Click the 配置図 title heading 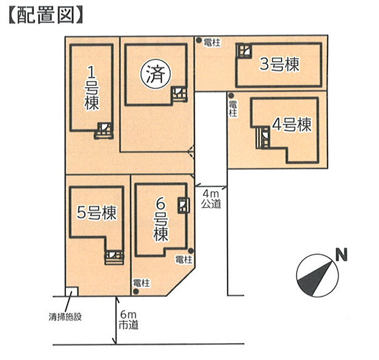click(46, 15)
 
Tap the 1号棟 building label click(91, 89)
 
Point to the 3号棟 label click(280, 64)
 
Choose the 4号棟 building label click(292, 125)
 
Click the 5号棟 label click(96, 212)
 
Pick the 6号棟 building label click(160, 220)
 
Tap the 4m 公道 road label click(211, 198)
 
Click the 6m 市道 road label click(128, 320)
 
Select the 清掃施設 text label click(65, 317)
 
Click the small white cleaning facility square click(72, 291)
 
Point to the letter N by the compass click(341, 255)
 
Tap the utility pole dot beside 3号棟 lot click(199, 41)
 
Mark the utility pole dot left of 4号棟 click(231, 96)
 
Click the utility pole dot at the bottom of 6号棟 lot click(136, 292)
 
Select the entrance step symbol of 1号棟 click(104, 131)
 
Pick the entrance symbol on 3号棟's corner click(244, 50)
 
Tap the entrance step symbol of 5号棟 click(114, 258)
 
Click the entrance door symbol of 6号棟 click(183, 205)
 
